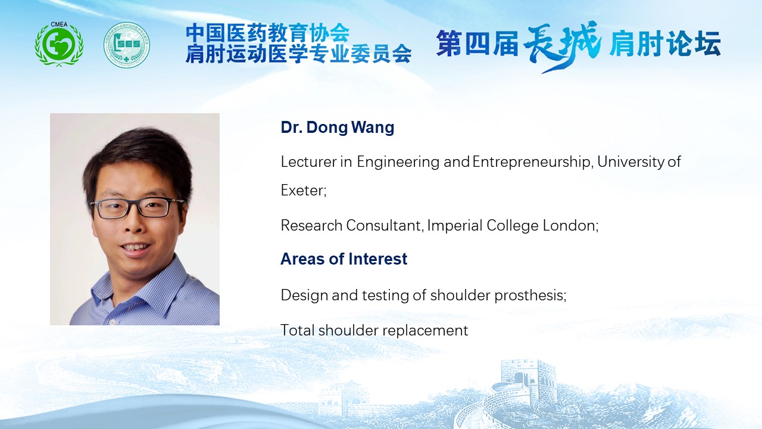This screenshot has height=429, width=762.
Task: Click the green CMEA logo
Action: [59, 43]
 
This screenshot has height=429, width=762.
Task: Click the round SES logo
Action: [127, 45]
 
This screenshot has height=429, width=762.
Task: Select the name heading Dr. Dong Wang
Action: [338, 128]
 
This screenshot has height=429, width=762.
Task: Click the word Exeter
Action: [304, 190]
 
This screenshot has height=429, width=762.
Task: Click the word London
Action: [570, 225]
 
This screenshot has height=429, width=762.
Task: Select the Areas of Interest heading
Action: [343, 259]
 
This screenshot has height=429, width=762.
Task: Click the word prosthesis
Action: [530, 295]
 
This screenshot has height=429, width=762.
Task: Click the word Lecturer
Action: [308, 161]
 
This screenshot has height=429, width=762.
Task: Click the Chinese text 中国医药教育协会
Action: [268, 33]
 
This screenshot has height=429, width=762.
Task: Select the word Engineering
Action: [398, 161]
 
